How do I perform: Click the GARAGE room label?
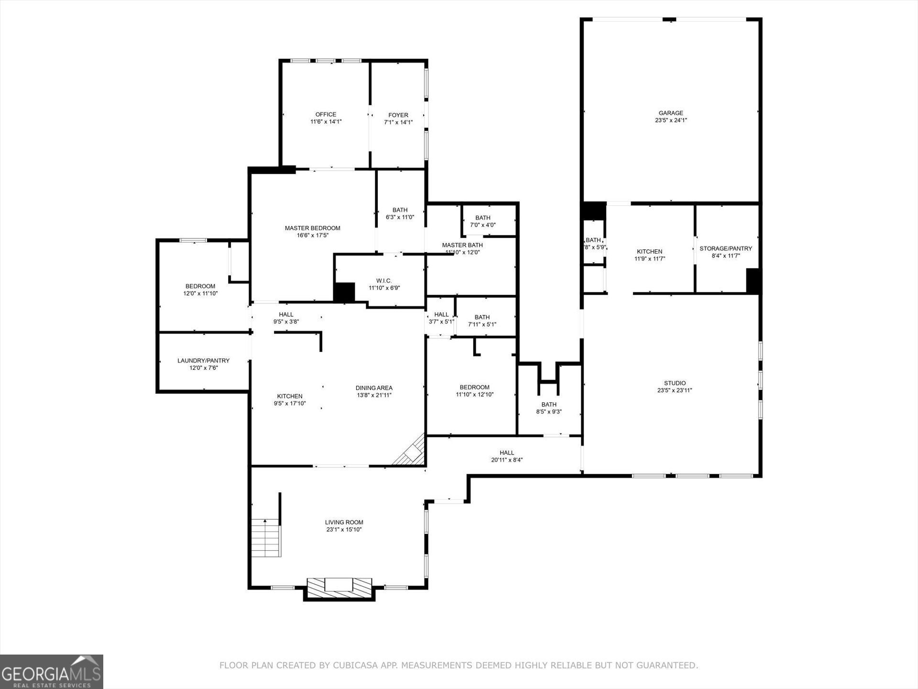coord(671,113)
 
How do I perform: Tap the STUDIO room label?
coord(675,383)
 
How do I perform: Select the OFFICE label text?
coord(326,114)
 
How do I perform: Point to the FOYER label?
coord(398,115)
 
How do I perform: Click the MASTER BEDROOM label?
coord(313,228)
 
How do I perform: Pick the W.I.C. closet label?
coord(384,280)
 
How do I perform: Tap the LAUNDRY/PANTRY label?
coord(204,360)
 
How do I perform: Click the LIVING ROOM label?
coord(344,522)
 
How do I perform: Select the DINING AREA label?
coord(374,388)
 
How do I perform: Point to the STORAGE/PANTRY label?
coord(726,248)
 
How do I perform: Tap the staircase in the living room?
coord(266,538)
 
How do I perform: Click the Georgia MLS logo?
coord(52,671)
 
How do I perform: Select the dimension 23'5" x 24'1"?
coord(671,120)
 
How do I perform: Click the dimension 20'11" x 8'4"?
coord(507,460)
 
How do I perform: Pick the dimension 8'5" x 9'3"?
coord(549,411)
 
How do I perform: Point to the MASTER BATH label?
coord(462,245)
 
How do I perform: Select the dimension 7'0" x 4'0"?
coord(483,225)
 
